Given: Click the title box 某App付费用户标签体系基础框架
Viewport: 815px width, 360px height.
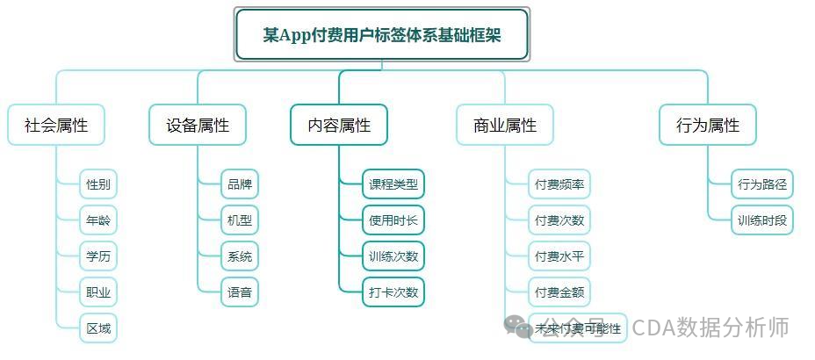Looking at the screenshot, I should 382,34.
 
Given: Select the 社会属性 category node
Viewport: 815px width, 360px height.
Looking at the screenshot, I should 56,125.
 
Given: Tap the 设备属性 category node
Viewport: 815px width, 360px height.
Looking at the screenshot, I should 198,125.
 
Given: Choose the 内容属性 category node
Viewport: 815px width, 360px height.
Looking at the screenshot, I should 339,125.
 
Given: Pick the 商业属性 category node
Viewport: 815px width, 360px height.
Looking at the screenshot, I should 505,125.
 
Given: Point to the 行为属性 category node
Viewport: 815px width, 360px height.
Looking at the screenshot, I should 708,125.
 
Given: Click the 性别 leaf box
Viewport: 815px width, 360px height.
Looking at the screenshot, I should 98,184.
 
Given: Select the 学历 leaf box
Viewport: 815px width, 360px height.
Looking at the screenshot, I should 98,256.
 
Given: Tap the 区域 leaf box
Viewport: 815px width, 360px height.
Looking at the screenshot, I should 98,328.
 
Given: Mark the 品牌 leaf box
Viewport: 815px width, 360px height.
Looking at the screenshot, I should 240,184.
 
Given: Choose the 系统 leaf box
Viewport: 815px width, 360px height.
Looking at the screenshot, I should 240,256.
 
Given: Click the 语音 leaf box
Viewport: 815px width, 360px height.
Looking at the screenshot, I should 240,292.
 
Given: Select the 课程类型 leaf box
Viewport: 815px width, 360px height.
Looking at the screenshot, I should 393,184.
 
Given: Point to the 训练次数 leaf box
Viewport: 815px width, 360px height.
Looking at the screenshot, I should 393,256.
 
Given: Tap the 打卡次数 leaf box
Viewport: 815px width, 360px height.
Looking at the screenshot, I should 393,292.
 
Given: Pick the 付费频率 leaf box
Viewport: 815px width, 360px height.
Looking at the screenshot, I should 559,184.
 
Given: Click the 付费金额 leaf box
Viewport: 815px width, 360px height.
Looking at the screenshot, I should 559,292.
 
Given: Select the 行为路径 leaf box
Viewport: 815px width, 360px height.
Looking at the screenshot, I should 762,184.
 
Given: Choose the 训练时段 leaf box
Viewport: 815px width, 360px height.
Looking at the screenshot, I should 762,220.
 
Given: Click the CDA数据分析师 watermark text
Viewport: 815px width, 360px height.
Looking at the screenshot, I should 710,328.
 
